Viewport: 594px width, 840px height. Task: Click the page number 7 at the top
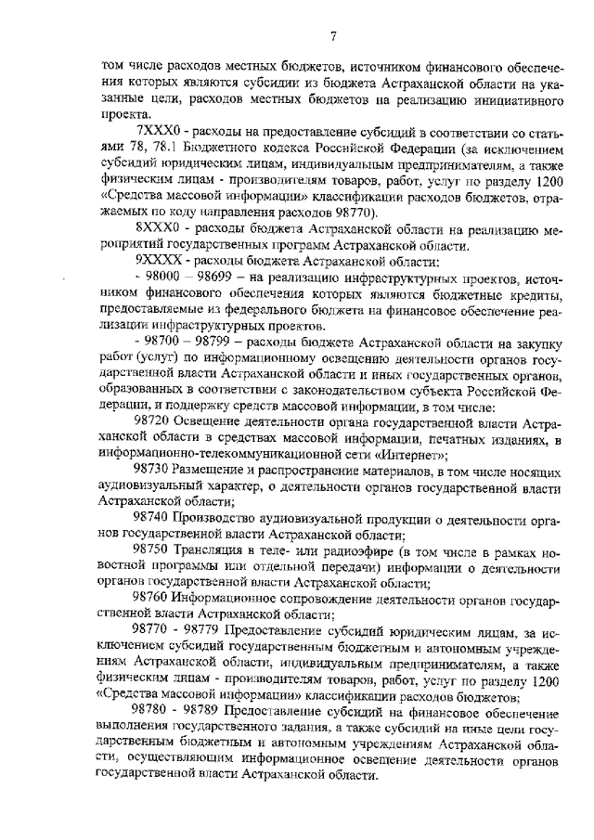(331, 36)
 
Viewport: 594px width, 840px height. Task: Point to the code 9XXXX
(156, 263)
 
